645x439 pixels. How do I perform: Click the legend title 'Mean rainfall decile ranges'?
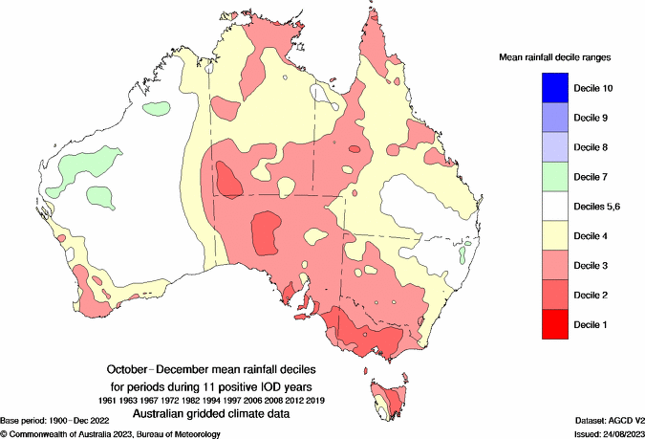pos(555,58)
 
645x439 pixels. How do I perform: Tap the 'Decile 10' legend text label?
pos(592,88)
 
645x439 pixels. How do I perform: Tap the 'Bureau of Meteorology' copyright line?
pos(111,434)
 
